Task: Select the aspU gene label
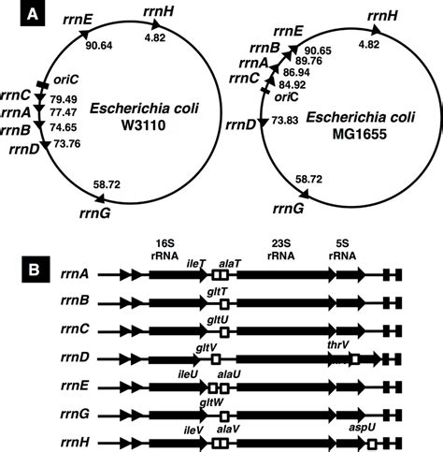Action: pos(357,426)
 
